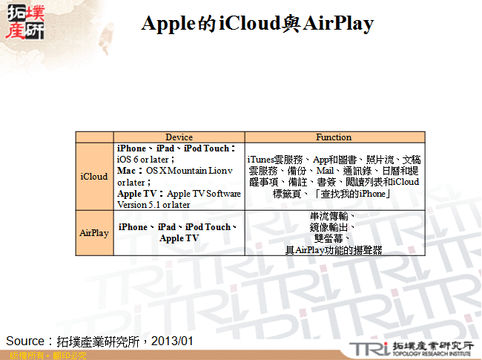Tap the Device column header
coord(179,137)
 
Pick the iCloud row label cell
coord(94,177)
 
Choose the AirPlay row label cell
coord(94,233)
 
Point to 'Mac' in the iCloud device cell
coord(126,171)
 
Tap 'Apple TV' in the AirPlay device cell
coord(179,238)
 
